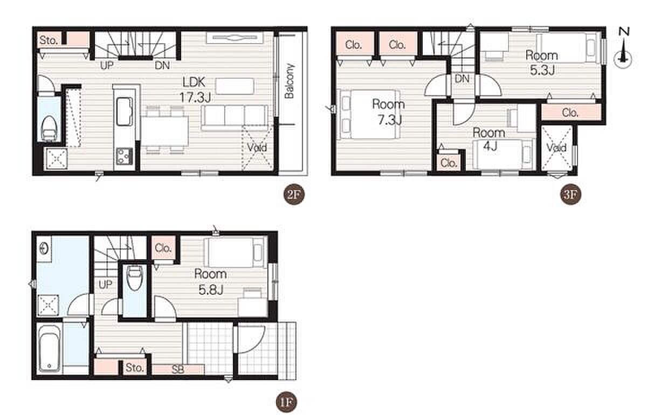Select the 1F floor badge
[x=286, y=402]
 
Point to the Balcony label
[x=290, y=81]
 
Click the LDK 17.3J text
[x=195, y=90]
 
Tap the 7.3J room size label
[x=390, y=120]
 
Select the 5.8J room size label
[x=211, y=289]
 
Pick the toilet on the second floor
[x=49, y=129]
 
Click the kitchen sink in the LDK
[x=125, y=112]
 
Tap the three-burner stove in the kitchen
[x=125, y=157]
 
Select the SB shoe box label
[x=178, y=369]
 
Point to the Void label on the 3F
[x=556, y=148]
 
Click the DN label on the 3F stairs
[x=462, y=78]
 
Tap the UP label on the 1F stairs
[x=105, y=285]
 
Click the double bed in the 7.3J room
[x=369, y=114]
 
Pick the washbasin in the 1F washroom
[x=44, y=248]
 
